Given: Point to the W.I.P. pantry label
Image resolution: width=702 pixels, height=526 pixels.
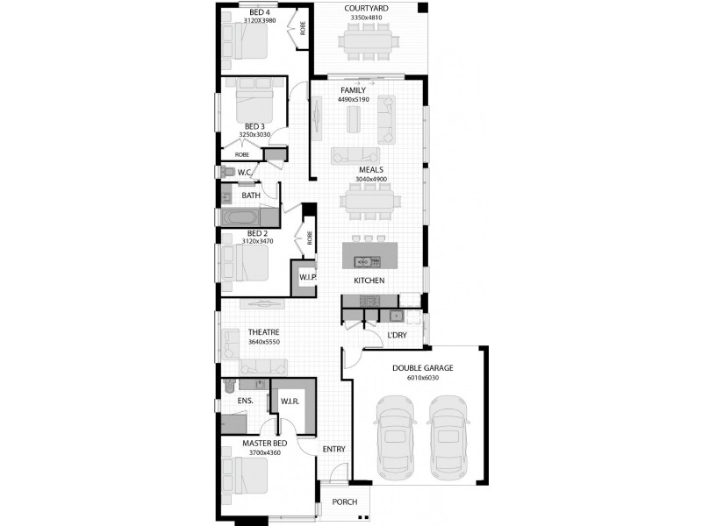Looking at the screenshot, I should (307, 278).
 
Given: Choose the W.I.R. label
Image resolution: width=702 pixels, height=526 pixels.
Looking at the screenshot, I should (291, 402).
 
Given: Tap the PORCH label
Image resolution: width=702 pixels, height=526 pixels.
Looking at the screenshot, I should (345, 503).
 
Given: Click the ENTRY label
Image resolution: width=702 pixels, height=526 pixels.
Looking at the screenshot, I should (333, 449).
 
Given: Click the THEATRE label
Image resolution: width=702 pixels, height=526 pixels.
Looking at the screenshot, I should (263, 332).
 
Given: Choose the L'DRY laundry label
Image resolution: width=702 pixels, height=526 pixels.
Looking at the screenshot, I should (398, 336).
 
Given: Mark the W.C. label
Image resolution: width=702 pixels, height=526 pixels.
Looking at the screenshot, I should (246, 173).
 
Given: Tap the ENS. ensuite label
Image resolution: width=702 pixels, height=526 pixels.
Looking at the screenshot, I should (246, 401).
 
